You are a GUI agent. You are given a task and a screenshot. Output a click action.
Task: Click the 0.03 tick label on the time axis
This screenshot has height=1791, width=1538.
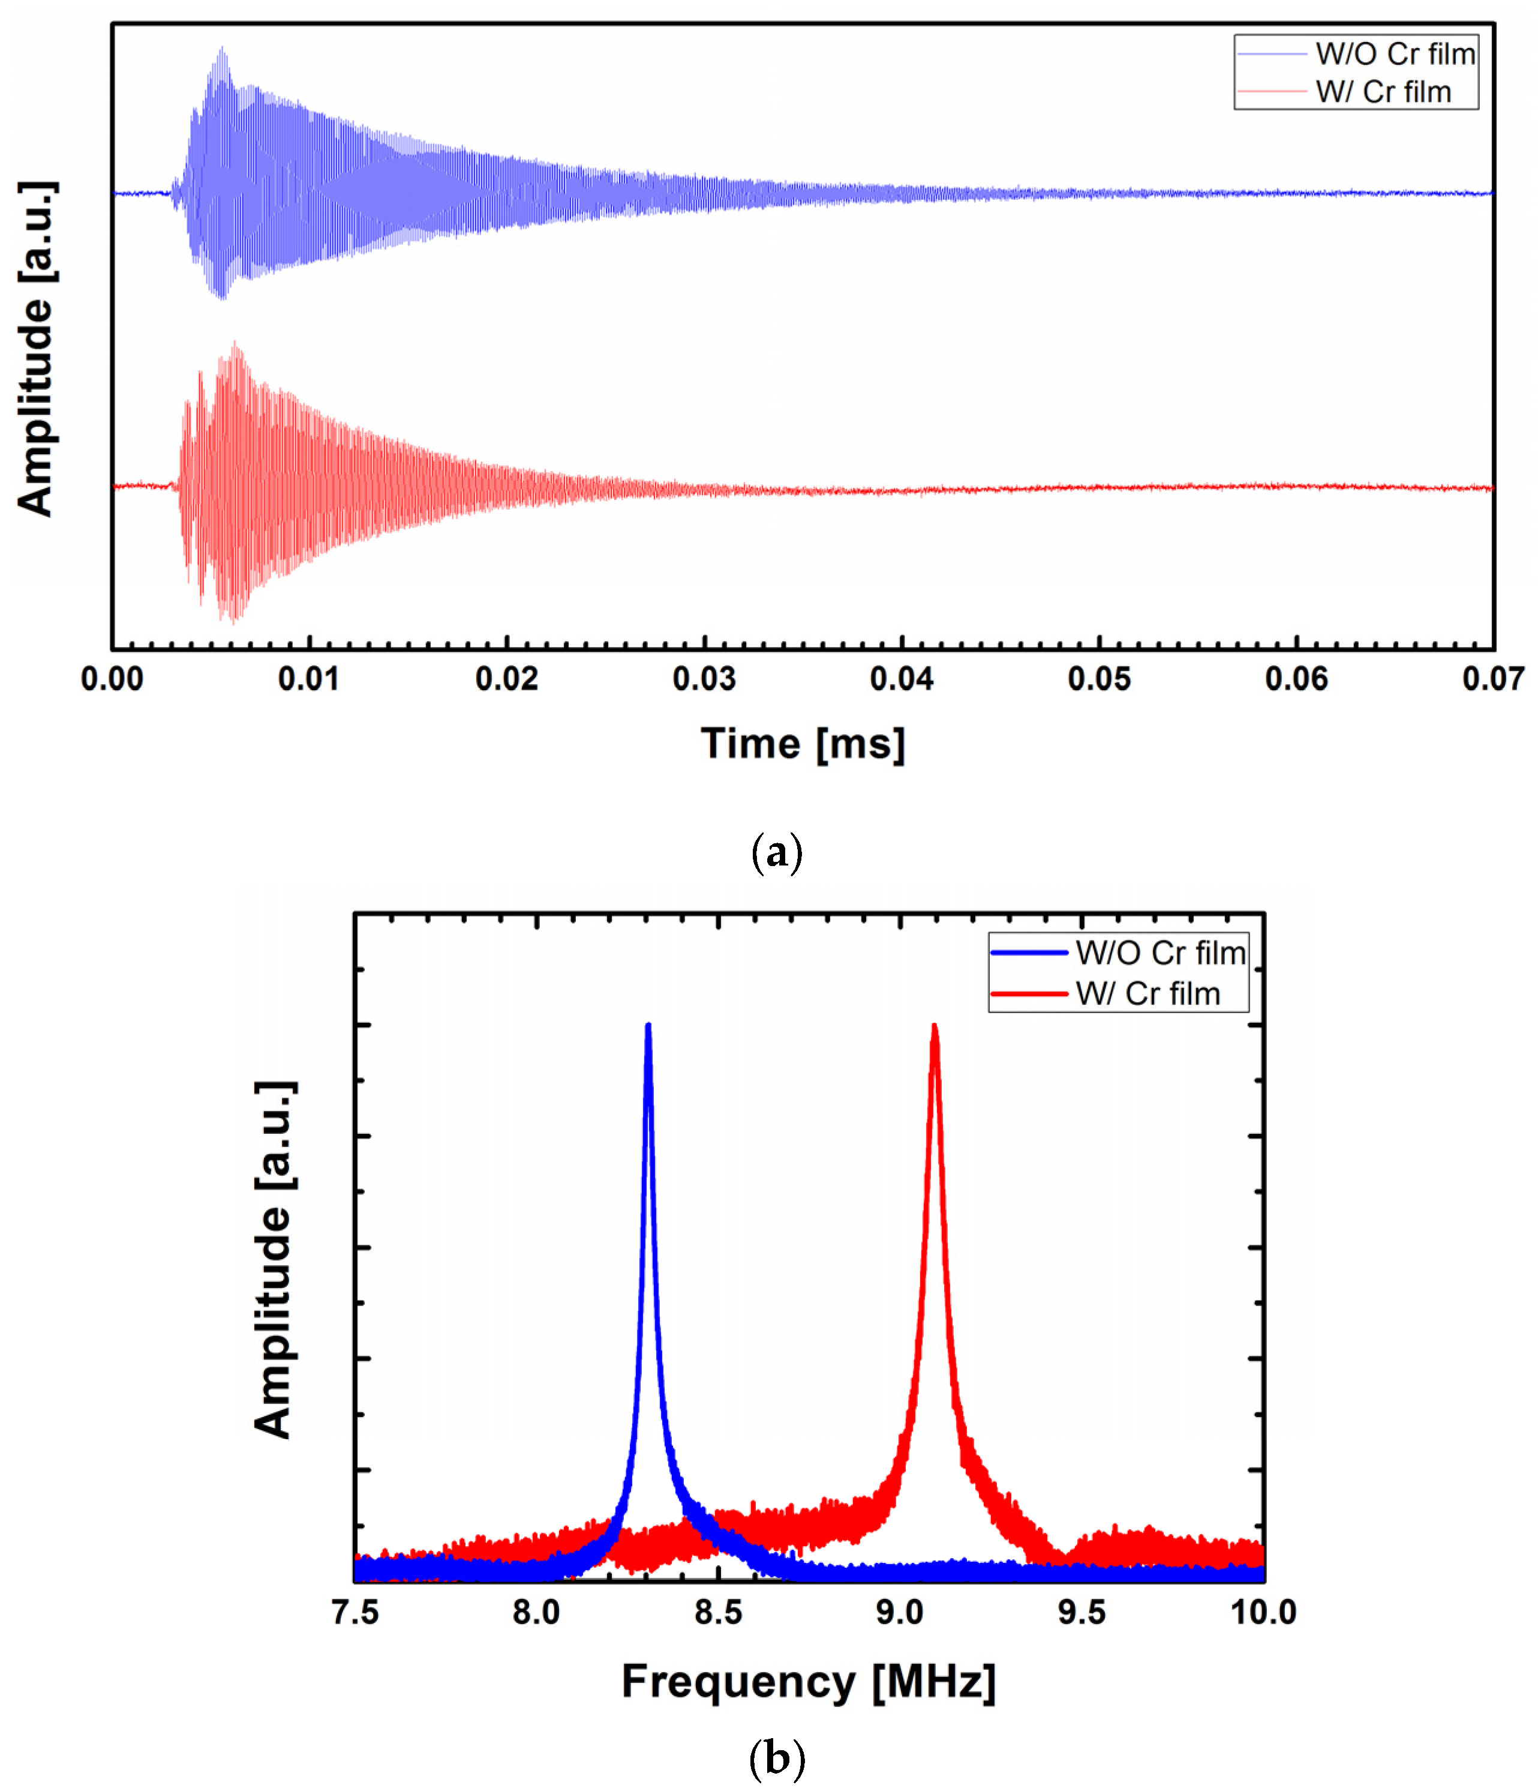tap(704, 679)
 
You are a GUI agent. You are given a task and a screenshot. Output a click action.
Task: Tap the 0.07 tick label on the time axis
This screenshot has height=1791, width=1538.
tap(1493, 679)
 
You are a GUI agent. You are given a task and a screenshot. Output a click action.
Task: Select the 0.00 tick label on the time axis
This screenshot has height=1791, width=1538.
tap(112, 679)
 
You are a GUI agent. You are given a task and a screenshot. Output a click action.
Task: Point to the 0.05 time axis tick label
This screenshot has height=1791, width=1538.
tap(1099, 679)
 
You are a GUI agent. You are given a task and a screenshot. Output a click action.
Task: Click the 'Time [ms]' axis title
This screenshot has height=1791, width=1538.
tap(803, 744)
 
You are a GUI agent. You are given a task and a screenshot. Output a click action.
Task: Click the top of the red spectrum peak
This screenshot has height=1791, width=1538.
tap(934, 1028)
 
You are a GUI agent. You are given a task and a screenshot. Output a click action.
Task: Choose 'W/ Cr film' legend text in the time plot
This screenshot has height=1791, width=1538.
tap(1383, 92)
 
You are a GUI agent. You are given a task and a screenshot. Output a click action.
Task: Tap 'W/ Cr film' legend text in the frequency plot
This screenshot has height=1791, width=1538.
tap(1148, 993)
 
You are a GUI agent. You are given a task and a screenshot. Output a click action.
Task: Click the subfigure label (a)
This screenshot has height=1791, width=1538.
tap(777, 853)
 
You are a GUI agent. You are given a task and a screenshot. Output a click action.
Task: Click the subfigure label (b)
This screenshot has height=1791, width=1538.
tap(777, 1758)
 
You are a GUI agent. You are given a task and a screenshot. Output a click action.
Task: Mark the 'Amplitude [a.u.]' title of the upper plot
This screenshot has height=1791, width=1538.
tap(36, 349)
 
